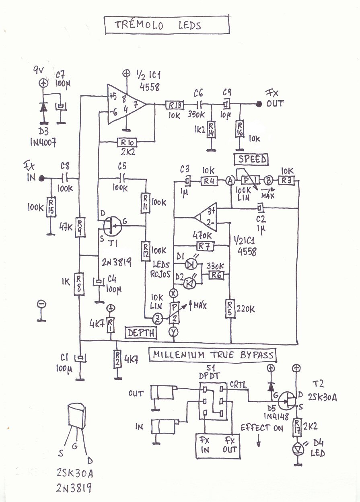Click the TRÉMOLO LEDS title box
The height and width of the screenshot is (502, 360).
pos(167,25)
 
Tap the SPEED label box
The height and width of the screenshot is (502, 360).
pos(252,159)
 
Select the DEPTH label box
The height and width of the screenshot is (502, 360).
pos(141,333)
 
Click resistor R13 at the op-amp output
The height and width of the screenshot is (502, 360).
pos(174,105)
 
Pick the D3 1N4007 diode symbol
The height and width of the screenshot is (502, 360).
pos(43,107)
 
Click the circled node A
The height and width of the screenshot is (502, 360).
pos(230,181)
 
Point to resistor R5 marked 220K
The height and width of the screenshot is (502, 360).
pos(230,309)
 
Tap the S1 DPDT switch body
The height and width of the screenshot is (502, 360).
pos(213,402)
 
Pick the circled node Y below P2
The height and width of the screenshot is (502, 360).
pos(174,332)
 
